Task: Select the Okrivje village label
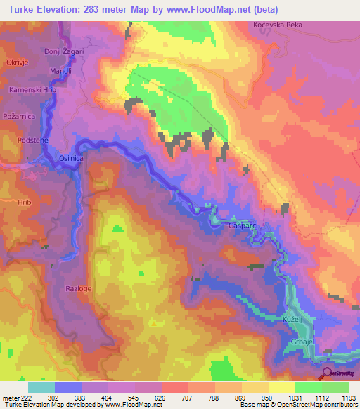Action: click(16, 63)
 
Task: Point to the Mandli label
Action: click(60, 72)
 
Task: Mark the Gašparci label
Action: click(243, 226)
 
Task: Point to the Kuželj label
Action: click(302, 320)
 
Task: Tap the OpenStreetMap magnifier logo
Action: click(327, 372)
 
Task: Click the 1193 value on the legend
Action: click(349, 398)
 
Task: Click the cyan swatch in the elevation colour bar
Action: click(41, 387)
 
